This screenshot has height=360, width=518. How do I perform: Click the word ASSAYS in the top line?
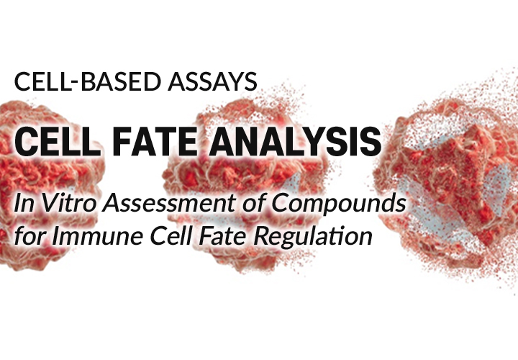(213, 81)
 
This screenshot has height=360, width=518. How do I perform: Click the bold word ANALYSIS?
(295, 141)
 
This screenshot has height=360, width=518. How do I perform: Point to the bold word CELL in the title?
(58, 141)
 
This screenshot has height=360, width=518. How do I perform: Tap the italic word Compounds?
(339, 202)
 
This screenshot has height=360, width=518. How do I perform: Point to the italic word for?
(31, 235)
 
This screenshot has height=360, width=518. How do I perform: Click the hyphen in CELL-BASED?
(76, 84)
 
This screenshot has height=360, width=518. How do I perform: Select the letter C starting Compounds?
(281, 202)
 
